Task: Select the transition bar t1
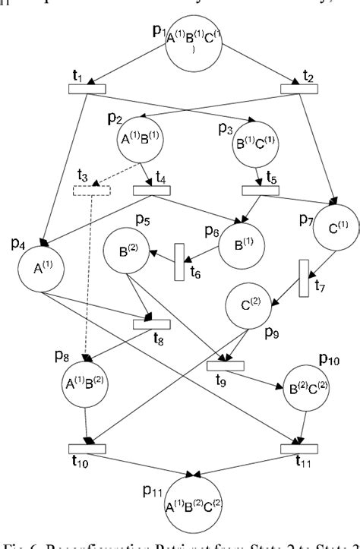[x=87, y=89]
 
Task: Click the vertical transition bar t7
[x=304, y=278]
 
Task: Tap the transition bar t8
[x=151, y=324]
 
